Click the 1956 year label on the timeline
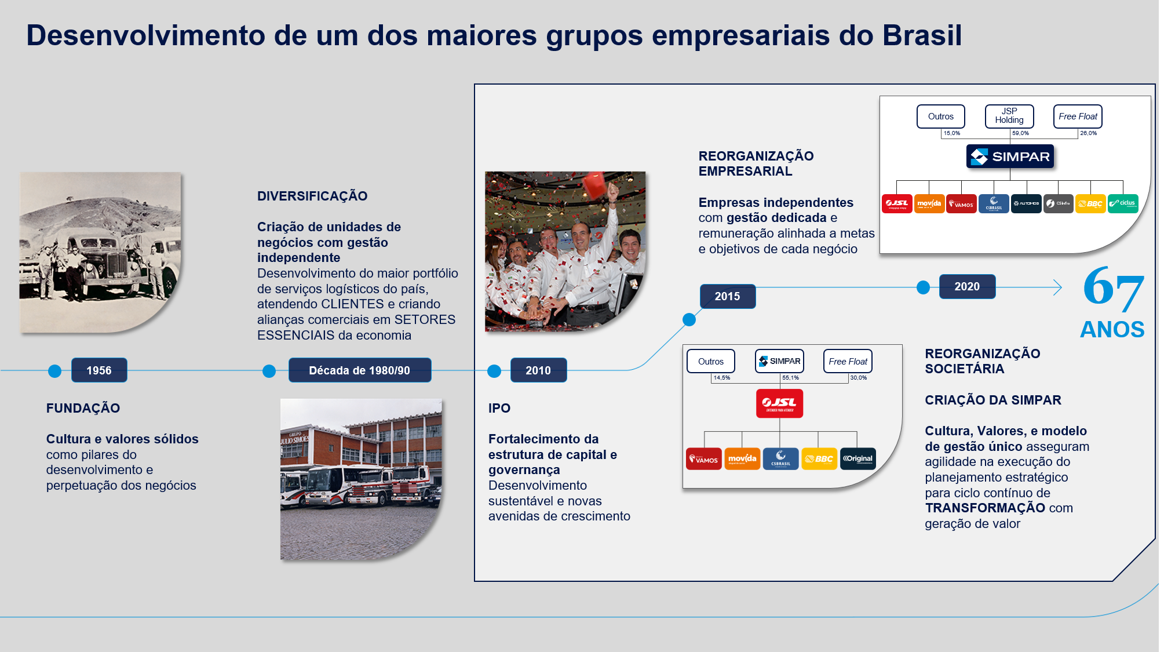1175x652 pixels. [x=99, y=370]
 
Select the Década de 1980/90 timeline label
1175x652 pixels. [x=359, y=370]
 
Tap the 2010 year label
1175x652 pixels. [x=538, y=370]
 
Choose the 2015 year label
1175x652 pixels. [x=727, y=296]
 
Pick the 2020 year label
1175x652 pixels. [x=967, y=286]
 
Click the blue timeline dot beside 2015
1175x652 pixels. [x=689, y=319]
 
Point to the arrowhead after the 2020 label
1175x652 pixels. [x=1058, y=287]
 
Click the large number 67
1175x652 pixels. [x=1113, y=287]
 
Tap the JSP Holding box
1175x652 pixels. [x=1009, y=116]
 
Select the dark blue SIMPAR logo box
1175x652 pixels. [x=1010, y=156]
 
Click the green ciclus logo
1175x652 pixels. [x=1123, y=203]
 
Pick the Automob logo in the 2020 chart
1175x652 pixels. [x=1026, y=203]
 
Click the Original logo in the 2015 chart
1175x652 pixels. [x=857, y=458]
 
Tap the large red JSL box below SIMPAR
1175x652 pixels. [x=779, y=403]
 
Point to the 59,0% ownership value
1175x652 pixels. [x=1020, y=133]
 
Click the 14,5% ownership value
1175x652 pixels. [x=721, y=378]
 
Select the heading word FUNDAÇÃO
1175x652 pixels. [x=83, y=408]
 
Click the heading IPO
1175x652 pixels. [x=499, y=408]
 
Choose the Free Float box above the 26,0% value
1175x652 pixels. [x=1078, y=116]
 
